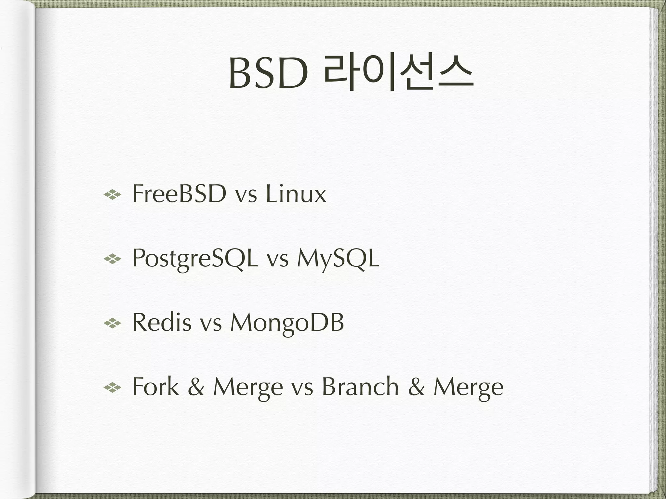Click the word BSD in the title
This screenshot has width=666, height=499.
point(268,74)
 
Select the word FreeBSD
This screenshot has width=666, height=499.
point(179,194)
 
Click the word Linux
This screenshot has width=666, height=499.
point(296,194)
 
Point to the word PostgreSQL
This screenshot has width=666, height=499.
point(195,259)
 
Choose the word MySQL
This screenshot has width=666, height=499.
point(338,259)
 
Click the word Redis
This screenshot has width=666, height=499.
point(162,323)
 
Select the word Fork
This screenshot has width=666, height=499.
point(155,387)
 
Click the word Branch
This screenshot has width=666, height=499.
point(360,387)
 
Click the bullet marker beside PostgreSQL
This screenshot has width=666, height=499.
point(112,259)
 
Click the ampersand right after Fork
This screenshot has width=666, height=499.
point(196,387)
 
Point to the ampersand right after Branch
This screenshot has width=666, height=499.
point(416,387)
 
